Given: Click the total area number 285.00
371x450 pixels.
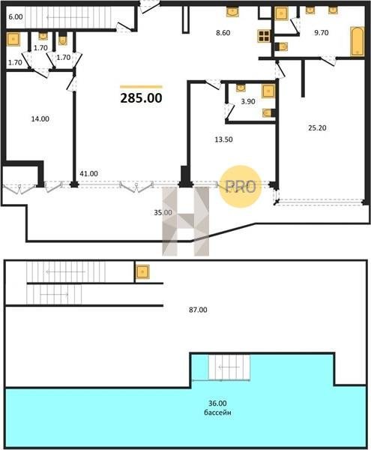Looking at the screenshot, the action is (141, 98).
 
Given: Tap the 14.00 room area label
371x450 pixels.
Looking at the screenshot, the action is (40, 118).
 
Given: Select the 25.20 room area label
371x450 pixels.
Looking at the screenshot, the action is (317, 128).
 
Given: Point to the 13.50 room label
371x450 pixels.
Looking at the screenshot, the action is (223, 139).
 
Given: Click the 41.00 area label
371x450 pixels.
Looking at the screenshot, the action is (89, 174).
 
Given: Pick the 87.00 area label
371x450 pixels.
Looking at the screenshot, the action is (198, 310).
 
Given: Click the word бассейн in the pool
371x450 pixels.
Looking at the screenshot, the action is (217, 412).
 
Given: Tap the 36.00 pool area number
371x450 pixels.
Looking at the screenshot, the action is (217, 403).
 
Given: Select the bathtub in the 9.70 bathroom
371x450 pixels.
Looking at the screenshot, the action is (358, 41).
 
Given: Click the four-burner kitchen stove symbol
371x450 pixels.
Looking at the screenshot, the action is (264, 36).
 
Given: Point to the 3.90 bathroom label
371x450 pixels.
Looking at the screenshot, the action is (248, 101).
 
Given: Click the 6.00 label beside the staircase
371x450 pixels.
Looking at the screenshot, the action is (16, 17).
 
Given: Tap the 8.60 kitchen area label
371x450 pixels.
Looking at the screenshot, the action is (223, 33).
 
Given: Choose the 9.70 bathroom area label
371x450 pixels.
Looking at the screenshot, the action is (322, 33).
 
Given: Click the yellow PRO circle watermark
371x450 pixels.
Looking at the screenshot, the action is (241, 187).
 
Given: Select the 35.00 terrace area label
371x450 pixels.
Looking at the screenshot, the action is (163, 213).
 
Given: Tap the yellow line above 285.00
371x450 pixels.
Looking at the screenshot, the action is (141, 87).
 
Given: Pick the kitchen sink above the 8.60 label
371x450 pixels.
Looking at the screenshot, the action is (232, 12).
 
